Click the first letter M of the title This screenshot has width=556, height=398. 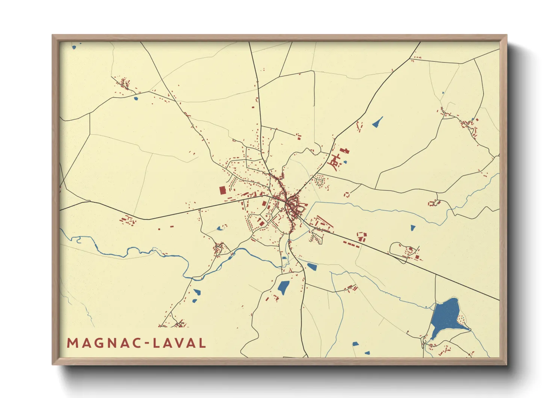coord(72,343)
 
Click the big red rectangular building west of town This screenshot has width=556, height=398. coord(222,190)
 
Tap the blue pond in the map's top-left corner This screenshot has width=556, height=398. coord(74,47)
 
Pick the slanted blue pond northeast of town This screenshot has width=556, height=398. coord(377,122)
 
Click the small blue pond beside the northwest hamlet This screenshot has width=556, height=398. coord(136,99)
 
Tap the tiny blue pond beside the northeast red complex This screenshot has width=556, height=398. coord(345,162)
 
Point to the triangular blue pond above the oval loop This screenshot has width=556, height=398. coord(413,228)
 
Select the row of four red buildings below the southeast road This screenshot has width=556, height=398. coord(351,245)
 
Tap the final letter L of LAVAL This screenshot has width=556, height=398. coord(202,343)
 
